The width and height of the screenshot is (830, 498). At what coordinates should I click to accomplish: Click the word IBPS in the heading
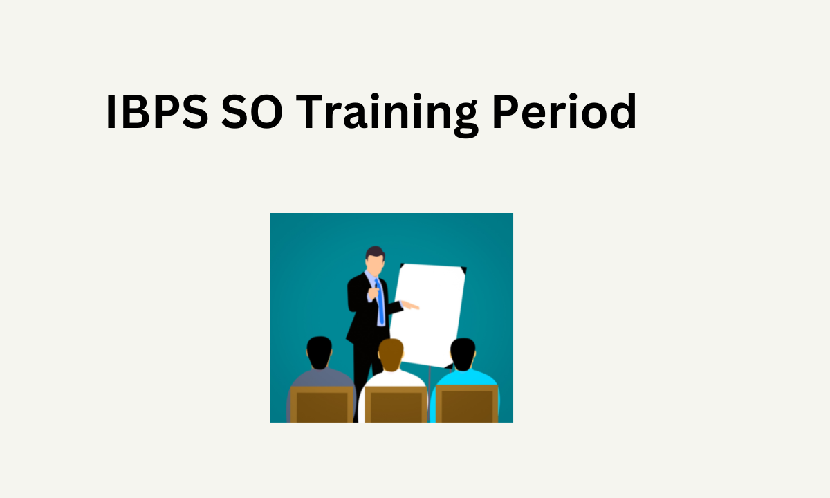156,113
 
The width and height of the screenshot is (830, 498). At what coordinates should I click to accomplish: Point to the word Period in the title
564,113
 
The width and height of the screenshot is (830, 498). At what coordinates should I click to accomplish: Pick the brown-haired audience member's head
391,353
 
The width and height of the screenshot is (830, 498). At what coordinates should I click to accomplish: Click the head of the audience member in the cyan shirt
463,353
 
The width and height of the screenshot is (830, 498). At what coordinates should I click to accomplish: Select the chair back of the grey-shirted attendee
321,405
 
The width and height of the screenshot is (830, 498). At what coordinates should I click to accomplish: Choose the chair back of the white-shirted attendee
395,405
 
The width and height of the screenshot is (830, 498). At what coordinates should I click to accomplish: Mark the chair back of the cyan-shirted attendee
466,405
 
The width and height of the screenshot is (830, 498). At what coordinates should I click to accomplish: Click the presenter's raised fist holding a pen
372,293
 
